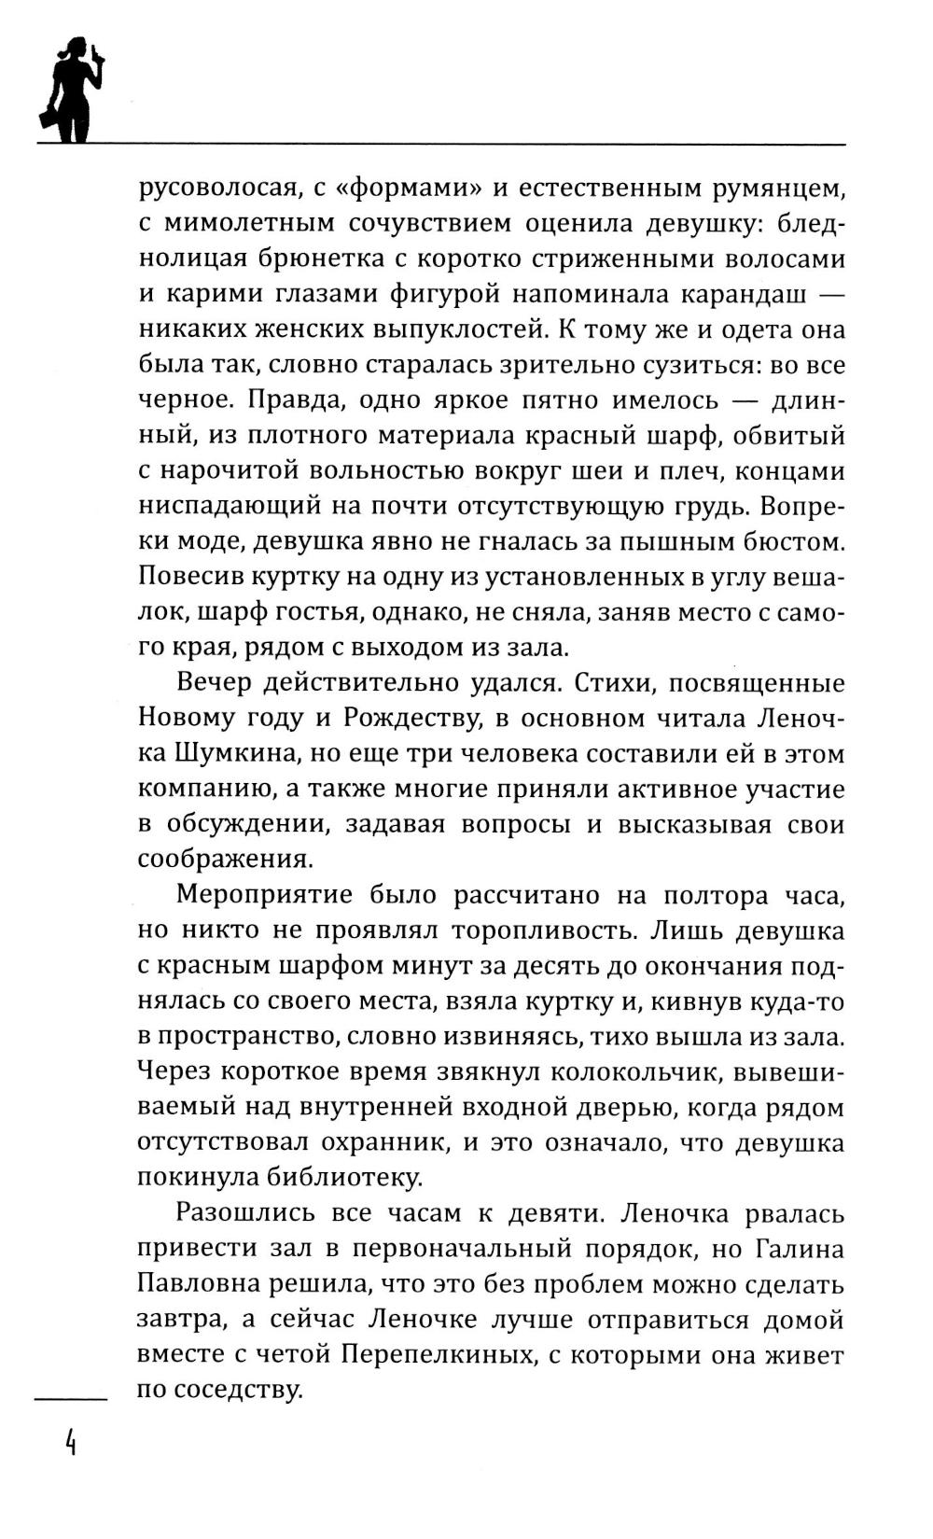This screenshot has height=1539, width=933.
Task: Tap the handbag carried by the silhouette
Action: tap(46, 119)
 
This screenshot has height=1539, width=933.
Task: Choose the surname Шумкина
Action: tap(196, 753)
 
